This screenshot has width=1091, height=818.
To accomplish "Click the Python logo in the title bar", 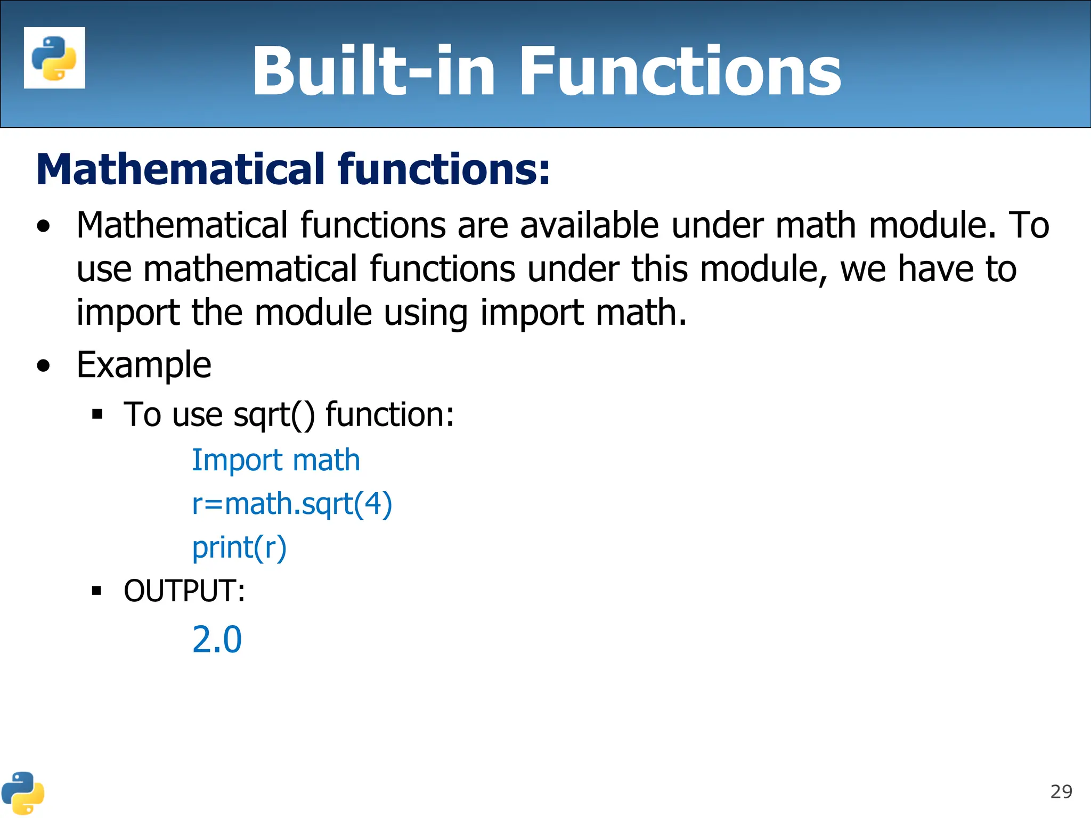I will (x=54, y=58).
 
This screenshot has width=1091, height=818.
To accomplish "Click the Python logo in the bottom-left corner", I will (x=22, y=792).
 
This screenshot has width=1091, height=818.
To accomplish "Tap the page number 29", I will (x=1061, y=792).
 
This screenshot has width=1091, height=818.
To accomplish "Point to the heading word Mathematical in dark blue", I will (x=181, y=169).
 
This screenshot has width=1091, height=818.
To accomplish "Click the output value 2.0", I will (x=217, y=639).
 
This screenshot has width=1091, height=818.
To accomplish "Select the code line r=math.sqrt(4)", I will (x=292, y=504).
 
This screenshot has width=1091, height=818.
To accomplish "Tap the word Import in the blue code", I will (x=237, y=460).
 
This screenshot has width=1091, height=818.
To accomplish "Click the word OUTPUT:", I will (x=184, y=591).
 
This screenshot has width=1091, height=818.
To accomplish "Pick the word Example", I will (x=144, y=365).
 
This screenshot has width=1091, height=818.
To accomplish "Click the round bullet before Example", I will (x=44, y=366).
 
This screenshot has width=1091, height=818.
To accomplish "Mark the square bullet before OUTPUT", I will (x=96, y=590).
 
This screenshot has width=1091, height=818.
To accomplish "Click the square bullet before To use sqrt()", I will (x=96, y=414).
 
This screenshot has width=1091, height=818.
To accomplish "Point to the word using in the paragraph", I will (x=426, y=313).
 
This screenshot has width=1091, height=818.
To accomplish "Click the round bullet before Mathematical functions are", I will (x=44, y=226).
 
